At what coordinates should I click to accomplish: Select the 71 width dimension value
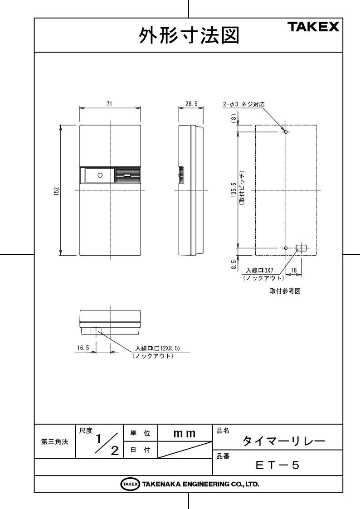click(109, 104)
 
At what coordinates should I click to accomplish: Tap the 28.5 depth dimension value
click(191, 104)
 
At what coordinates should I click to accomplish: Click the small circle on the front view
click(101, 175)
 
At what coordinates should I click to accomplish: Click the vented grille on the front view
click(127, 175)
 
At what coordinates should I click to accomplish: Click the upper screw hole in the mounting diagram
click(286, 132)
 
